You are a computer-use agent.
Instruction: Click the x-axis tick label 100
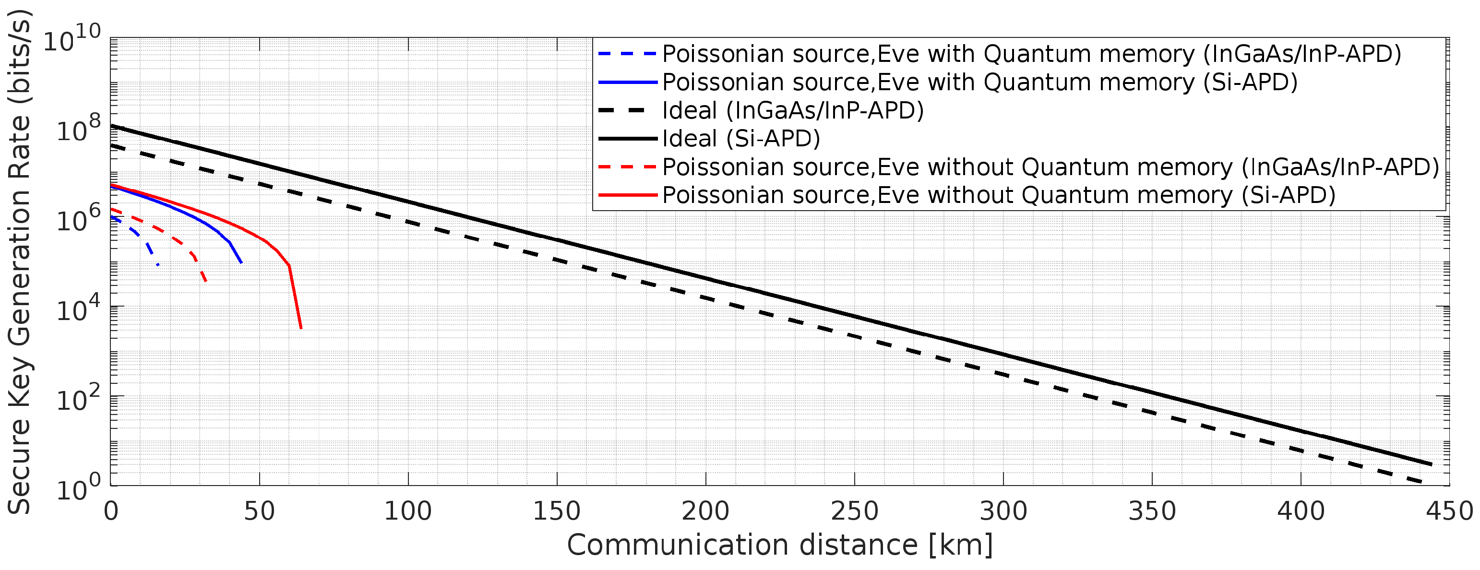tap(408, 511)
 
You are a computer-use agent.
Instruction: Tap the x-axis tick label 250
tap(854, 511)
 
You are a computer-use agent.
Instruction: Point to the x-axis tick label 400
tap(1301, 511)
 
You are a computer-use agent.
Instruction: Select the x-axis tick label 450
tap(1449, 511)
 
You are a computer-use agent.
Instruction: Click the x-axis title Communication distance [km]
tap(780, 545)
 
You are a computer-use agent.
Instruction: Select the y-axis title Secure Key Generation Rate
tap(20, 261)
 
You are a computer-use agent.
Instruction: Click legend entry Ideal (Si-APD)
tap(740, 139)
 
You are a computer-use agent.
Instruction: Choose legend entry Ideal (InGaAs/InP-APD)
tap(792, 110)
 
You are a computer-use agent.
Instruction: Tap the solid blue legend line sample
tap(627, 82)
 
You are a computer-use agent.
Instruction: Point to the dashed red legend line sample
tap(627, 166)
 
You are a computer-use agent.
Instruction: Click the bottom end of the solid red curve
tap(301, 328)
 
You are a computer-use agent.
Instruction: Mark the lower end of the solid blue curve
tap(241, 262)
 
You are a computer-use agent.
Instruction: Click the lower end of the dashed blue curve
tap(158, 264)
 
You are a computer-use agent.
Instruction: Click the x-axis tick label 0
tap(111, 511)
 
